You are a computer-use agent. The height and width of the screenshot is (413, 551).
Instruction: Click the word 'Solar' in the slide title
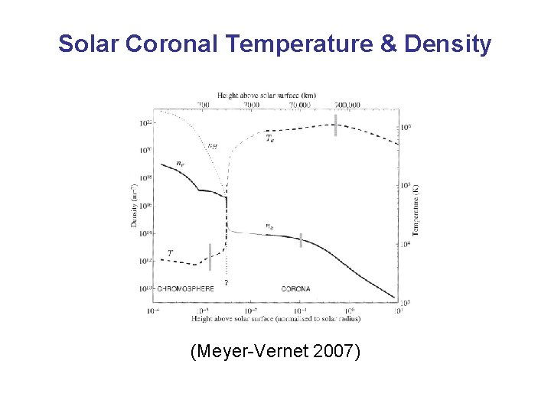pyautogui.click(x=88, y=44)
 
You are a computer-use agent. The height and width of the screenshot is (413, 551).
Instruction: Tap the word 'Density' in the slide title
pyautogui.click(x=448, y=44)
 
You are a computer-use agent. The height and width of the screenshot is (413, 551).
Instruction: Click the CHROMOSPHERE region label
pyautogui.click(x=185, y=289)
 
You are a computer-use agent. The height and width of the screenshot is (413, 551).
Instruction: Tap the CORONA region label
pyautogui.click(x=296, y=289)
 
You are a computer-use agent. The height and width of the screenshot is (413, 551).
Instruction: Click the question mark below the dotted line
pyautogui.click(x=226, y=283)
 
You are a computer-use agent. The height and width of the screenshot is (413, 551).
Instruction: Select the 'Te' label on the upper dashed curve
pyautogui.click(x=270, y=138)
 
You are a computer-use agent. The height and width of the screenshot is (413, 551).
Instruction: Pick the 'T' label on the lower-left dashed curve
pyautogui.click(x=170, y=253)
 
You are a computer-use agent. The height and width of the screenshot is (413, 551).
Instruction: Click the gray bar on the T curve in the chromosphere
pyautogui.click(x=210, y=257)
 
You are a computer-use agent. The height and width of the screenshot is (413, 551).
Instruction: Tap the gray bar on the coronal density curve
pyautogui.click(x=301, y=240)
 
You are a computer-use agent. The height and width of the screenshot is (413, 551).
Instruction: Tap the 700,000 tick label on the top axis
pyautogui.click(x=347, y=104)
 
